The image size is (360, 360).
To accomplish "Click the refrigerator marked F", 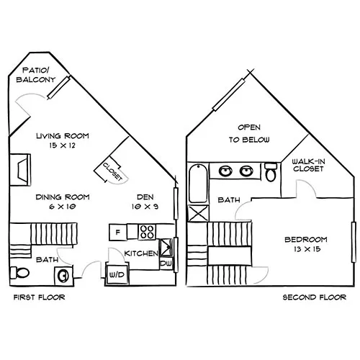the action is point(118,232).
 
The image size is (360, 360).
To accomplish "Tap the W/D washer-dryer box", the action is point(117,274).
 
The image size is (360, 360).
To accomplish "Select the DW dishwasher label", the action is point(166,264).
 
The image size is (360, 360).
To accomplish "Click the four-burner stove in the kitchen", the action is point(147,232).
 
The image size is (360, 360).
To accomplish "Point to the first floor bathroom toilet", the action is point(19,273).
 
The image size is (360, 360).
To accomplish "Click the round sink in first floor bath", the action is point(63,276).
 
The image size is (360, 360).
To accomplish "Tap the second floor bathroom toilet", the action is point(271,172).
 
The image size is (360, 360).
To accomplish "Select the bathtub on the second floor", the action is point(198,184).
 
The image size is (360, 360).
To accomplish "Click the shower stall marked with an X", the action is point(198,213).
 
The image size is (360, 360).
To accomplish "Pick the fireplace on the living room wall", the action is point(21,169).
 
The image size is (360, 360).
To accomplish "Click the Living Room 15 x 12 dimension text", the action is point(63,145).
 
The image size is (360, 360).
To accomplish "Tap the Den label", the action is point(145,197).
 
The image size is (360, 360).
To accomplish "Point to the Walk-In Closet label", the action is point(308,165).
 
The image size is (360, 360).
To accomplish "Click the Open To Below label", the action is point(249,133).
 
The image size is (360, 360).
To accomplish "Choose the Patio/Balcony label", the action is point(36,75).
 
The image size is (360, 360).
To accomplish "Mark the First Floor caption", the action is point(40,297).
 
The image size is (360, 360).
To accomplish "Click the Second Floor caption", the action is point(315,297).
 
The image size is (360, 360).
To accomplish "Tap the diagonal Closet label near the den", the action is point(112,171).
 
